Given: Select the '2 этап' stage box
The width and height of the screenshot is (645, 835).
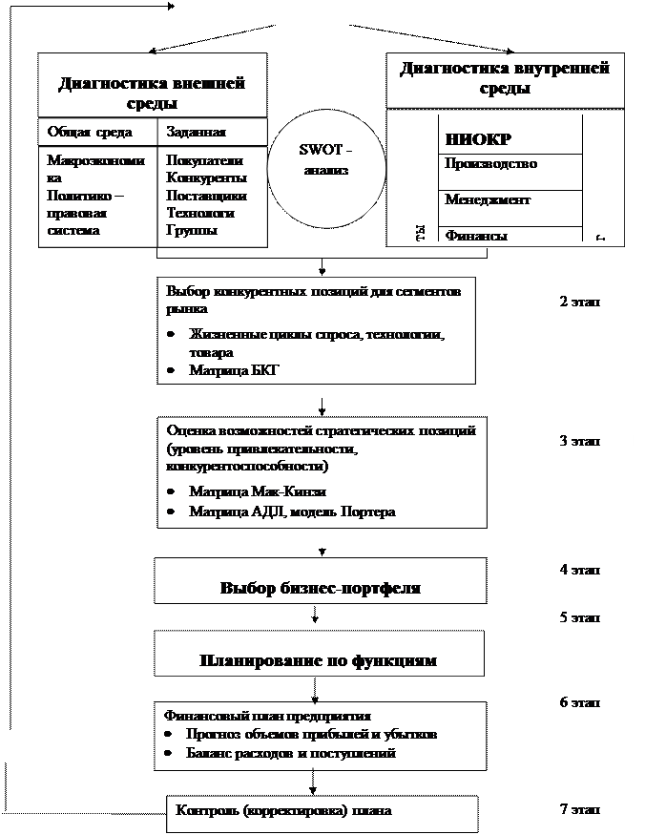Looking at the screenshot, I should [x=591, y=303].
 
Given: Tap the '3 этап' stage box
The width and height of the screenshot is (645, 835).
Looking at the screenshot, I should [x=591, y=441].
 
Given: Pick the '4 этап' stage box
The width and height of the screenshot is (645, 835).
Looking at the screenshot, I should [x=587, y=570].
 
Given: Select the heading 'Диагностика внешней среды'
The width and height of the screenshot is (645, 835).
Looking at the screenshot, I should [x=152, y=93].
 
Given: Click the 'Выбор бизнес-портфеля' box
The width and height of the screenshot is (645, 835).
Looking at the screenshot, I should [x=321, y=588].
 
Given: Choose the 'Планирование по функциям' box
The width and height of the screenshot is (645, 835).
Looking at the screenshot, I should [x=319, y=659].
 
